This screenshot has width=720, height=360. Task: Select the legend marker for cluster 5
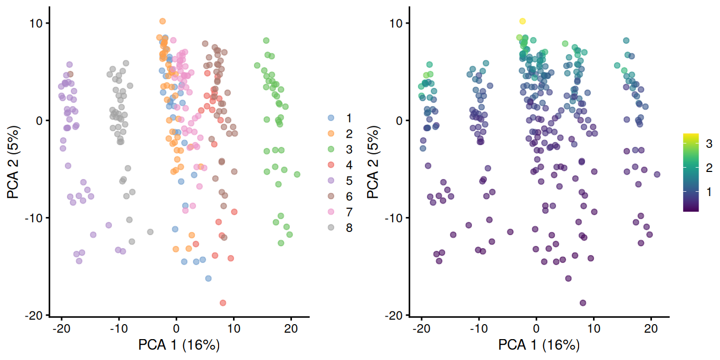331,181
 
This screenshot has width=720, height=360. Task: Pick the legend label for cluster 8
349,228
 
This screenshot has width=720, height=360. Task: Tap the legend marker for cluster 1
331,117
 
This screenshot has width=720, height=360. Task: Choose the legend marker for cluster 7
331,212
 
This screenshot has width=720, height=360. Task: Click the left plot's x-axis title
179,344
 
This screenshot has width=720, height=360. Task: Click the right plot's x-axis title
539,344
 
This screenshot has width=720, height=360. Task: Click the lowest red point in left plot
222,303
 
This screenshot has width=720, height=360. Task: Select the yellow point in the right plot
522,21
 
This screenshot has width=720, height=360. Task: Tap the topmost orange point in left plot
162,21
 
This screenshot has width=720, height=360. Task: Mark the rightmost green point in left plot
297,174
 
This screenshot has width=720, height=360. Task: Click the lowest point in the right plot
582,303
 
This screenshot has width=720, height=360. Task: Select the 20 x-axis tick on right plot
651,328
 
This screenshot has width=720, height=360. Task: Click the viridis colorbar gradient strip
691,172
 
